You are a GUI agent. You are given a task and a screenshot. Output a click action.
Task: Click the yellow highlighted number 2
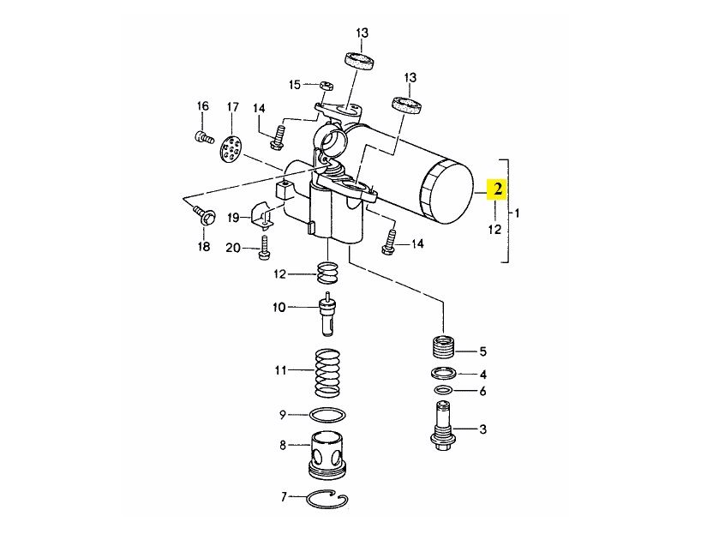498,189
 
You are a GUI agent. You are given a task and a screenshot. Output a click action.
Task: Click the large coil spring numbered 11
327,373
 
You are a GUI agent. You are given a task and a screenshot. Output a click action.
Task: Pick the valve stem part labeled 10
327,314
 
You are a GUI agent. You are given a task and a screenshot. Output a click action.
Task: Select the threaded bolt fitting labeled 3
443,426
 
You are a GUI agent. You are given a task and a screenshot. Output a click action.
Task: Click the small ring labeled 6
443,391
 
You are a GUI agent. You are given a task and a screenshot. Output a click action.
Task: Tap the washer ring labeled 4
444,373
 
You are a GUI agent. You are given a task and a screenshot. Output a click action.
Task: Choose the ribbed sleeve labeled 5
444,348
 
